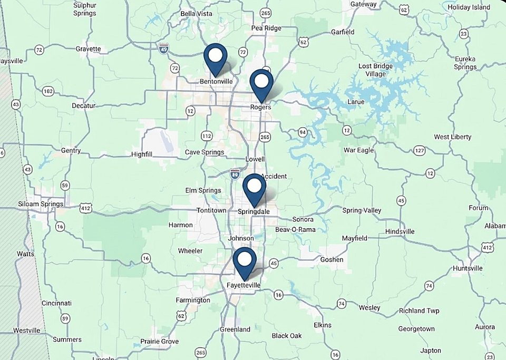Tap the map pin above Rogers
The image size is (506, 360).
coord(261,83)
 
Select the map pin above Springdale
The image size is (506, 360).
coord(255,187)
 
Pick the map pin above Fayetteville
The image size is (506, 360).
coord(245,261)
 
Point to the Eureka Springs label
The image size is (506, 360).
coord(465,63)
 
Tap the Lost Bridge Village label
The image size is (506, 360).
coord(376,70)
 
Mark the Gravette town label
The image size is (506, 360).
coord(88,49)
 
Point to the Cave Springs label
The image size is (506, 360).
coord(205,152)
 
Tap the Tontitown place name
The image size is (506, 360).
coord(211,210)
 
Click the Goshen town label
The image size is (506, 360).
coord(332,259)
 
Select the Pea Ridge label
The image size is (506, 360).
coord(266,28)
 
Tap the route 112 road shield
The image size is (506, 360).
coord(206,136)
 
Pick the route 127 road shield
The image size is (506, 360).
coord(420,151)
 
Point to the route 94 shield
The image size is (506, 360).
coord(302,132)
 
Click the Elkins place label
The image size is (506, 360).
coord(323,325)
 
